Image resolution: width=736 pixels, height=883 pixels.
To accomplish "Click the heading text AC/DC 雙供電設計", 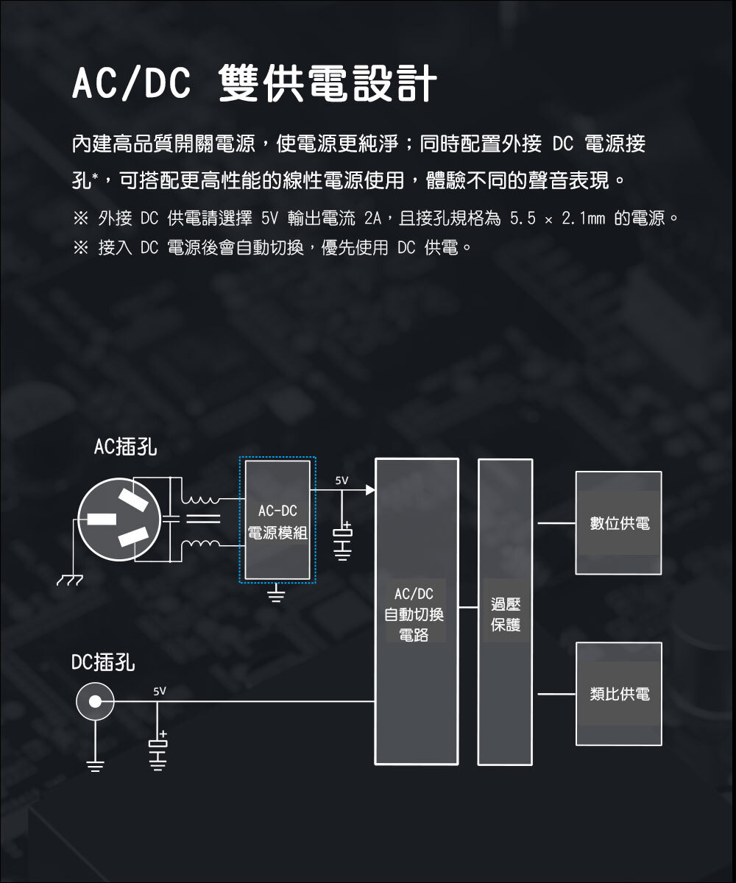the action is coord(254,83).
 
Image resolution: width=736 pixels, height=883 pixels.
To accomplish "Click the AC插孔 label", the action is coord(126,447).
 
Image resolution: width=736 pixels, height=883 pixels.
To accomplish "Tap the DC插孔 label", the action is coord(103,662).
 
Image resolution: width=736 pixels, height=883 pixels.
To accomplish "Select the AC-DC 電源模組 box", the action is coord(277,519).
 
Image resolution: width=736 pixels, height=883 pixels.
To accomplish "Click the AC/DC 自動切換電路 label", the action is coord(414,614).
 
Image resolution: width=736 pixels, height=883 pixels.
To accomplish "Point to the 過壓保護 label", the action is coord(506,614).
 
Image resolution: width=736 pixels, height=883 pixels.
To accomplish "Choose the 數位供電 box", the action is coord(618,522).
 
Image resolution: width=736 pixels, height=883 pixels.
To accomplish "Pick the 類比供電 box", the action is coord(619,694).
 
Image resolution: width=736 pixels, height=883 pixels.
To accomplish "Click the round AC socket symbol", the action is coord(120,519).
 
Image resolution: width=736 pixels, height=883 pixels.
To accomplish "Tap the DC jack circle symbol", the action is coord(95,701).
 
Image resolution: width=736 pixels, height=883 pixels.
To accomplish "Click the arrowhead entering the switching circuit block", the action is coord(370,490).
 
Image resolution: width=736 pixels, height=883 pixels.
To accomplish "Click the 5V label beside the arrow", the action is coord(342,480).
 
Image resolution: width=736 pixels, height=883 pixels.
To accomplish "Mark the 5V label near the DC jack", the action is coord(160,692).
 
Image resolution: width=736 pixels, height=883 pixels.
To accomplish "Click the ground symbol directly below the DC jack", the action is coord(95,766).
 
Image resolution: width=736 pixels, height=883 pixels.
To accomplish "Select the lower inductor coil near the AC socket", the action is coord(200,544).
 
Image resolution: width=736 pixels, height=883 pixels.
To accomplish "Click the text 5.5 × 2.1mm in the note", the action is coord(557,219).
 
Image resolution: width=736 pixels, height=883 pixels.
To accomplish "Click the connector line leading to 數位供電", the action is coord(556,523).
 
